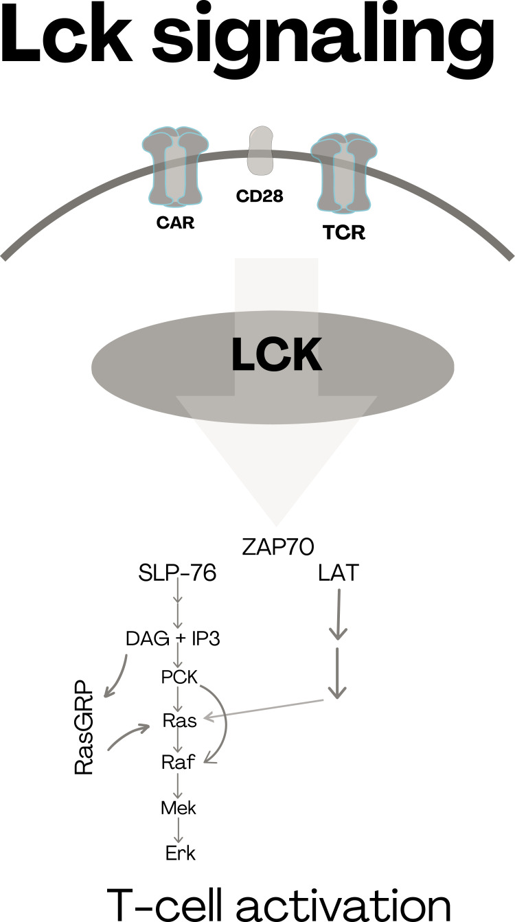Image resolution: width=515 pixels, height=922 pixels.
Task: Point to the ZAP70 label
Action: [278, 547]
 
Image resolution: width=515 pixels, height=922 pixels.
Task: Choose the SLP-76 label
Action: [177, 573]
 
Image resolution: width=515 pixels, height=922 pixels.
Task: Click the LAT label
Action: [338, 573]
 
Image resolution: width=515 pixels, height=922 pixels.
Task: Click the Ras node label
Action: [180, 721]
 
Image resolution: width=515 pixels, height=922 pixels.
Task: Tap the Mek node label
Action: [179, 808]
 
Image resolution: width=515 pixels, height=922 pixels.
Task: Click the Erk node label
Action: [181, 853]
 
